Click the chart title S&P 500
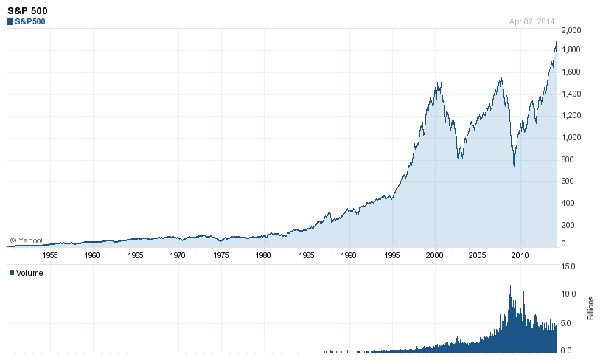click(27, 11)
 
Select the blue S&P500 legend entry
click(26, 22)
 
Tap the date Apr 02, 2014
click(531, 22)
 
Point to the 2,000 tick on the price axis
click(571, 30)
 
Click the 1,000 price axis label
click(571, 137)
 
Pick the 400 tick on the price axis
click(568, 204)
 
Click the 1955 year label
click(50, 255)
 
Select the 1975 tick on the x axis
click(221, 255)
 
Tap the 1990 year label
click(349, 255)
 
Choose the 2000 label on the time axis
click(434, 255)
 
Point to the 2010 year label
click(520, 255)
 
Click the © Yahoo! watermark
click(26, 240)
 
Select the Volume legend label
click(26, 273)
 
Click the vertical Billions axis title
click(591, 308)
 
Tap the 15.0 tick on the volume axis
click(568, 266)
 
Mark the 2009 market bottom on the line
click(514, 174)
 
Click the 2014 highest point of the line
click(556, 41)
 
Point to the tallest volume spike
click(510, 286)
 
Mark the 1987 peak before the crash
click(329, 212)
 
